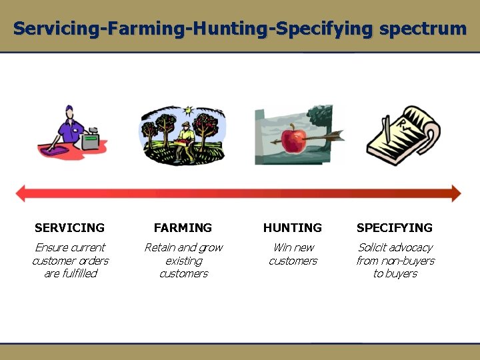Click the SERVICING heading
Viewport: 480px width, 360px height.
pyautogui.click(x=69, y=228)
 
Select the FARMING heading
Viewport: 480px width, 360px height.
pyautogui.click(x=183, y=228)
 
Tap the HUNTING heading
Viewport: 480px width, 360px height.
pyautogui.click(x=293, y=228)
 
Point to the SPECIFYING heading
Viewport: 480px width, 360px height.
pyautogui.click(x=395, y=228)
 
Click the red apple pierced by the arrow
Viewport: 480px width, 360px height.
pyautogui.click(x=293, y=140)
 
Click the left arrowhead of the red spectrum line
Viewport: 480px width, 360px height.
pyautogui.click(x=21, y=194)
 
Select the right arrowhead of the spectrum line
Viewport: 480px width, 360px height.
pyautogui.click(x=455, y=194)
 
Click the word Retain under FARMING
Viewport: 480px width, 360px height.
pyautogui.click(x=160, y=248)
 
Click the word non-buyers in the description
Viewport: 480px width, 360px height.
pyautogui.click(x=409, y=261)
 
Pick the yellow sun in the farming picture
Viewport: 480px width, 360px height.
pyautogui.click(x=189, y=109)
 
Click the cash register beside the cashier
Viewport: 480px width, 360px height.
pyautogui.click(x=91, y=141)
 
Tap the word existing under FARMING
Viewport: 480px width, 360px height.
pyautogui.click(x=184, y=261)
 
